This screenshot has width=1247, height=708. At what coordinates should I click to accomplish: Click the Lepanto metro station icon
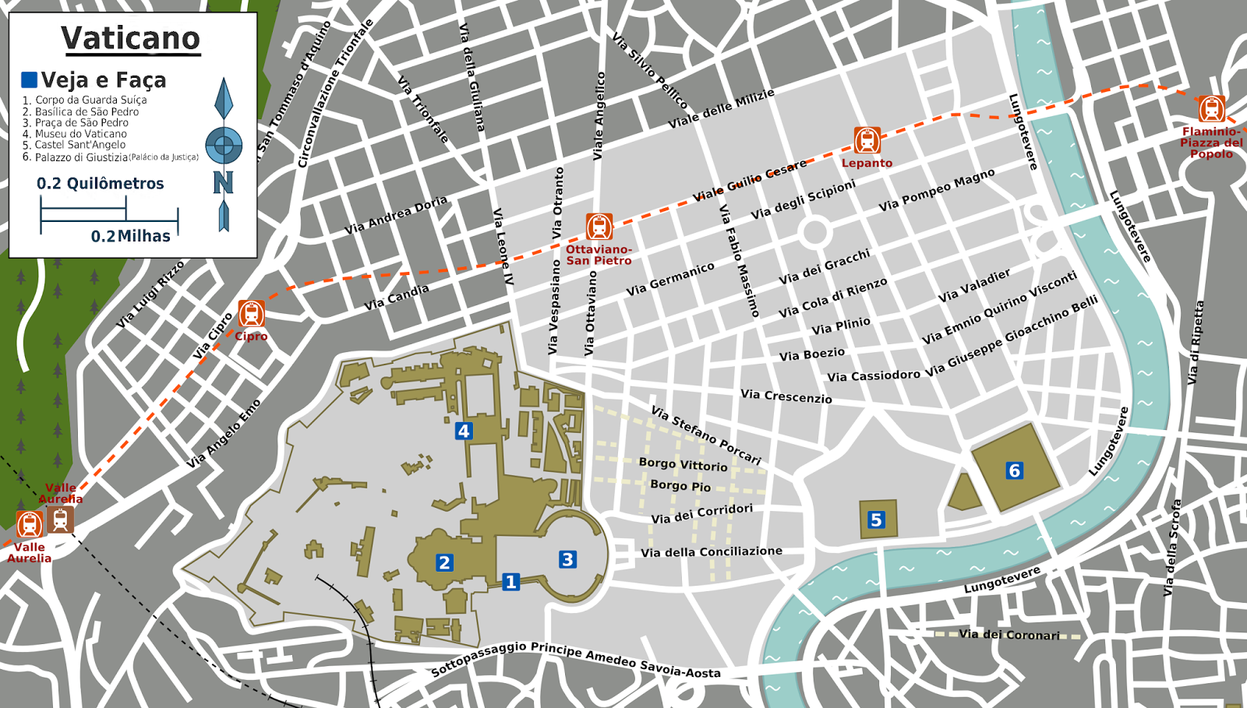click(867, 140)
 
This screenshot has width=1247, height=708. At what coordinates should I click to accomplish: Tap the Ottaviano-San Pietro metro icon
click(599, 227)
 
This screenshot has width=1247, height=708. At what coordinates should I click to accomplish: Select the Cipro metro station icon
click(251, 314)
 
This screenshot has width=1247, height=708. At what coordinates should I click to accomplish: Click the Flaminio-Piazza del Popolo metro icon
click(1211, 109)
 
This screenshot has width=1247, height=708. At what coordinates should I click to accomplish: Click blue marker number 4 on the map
click(464, 431)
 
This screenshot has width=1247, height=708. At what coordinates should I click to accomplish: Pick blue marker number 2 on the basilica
click(444, 562)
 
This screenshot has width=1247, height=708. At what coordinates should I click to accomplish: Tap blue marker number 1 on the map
click(510, 582)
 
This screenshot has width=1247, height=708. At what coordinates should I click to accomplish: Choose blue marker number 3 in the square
click(567, 559)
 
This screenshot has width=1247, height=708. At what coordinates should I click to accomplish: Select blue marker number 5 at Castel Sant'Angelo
click(876, 520)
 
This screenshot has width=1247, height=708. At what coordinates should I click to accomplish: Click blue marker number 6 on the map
click(1014, 470)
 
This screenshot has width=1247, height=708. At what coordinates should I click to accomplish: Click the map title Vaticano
click(131, 38)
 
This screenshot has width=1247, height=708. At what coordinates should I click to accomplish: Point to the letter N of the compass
click(224, 183)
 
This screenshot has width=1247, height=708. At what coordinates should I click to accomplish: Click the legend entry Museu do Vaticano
click(80, 134)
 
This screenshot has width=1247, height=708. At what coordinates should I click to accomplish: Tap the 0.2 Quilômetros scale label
click(101, 184)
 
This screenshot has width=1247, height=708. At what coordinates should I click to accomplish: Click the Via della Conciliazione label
click(711, 551)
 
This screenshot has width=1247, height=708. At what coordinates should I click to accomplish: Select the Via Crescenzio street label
click(786, 396)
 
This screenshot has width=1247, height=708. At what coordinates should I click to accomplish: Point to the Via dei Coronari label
click(1009, 635)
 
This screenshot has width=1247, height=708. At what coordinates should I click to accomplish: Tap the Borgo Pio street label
click(680, 485)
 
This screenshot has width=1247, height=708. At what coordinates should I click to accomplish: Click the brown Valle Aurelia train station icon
click(60, 520)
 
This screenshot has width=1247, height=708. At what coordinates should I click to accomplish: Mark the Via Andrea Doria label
click(396, 215)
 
